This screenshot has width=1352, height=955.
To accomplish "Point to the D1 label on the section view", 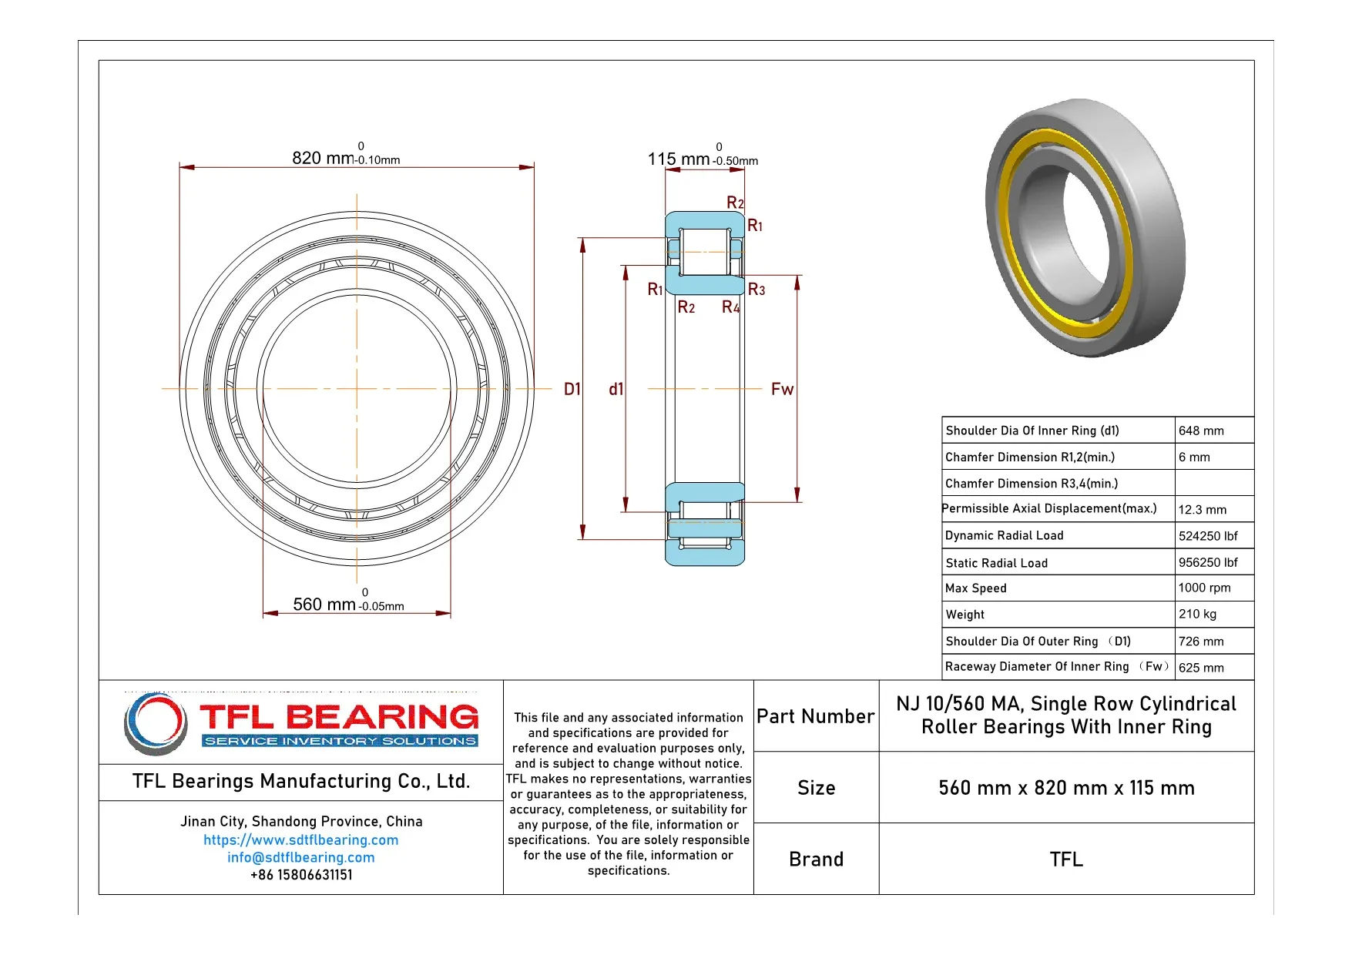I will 572,390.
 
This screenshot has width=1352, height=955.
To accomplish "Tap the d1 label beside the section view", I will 616,390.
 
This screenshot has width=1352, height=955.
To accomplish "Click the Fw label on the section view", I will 782,390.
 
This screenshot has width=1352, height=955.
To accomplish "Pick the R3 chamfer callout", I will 757,290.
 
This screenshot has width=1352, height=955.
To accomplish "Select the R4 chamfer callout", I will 730,307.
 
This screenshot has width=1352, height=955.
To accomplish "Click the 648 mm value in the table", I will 1201,431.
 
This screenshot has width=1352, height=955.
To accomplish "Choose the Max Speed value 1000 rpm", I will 1204,588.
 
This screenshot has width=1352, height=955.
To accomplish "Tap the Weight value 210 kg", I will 1197,614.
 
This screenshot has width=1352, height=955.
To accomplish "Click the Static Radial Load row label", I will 996,563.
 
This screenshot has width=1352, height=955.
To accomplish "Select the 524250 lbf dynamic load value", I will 1207,535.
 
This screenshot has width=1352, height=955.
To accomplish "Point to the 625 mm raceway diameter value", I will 1201,668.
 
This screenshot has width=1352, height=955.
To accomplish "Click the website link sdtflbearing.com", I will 301,840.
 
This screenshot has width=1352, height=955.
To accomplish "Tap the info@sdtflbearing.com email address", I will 301,857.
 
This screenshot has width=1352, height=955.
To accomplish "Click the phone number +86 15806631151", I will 301,875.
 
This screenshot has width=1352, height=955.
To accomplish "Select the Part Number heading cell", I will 815,716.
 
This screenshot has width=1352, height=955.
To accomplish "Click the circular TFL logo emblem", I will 156,723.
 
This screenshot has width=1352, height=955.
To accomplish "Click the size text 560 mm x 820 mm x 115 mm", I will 1066,788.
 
